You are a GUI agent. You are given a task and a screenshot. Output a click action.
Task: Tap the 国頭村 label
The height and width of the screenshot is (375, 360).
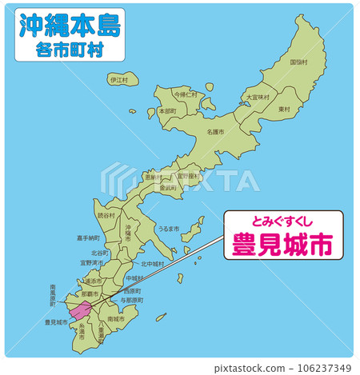coord(299,62)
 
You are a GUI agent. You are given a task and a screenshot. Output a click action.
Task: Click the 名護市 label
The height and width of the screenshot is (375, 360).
coord(215,131)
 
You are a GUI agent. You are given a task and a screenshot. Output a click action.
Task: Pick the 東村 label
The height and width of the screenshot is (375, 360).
coord(284,109)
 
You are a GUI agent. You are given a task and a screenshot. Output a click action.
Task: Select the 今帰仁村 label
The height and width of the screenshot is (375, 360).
coord(186,94)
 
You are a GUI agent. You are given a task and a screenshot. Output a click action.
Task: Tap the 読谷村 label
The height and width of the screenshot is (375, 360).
coord(106,215)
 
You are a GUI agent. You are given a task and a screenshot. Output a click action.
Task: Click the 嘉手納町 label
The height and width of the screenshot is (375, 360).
coord(89,237)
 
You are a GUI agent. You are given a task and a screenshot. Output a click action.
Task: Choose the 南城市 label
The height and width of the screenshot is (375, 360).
coord(115,318)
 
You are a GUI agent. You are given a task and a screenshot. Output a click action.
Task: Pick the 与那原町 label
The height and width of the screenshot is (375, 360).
coord(134,299)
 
